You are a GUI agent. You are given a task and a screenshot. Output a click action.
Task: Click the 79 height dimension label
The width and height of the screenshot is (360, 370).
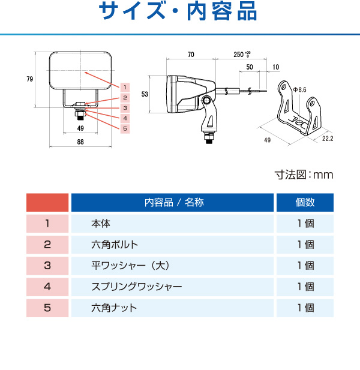(x=30, y=79)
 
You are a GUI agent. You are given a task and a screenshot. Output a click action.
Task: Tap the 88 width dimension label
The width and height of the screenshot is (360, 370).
(x=80, y=142)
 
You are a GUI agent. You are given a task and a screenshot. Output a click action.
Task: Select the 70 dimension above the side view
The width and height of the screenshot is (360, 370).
(x=191, y=55)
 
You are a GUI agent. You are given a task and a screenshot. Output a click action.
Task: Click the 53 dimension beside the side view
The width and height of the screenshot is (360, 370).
(x=145, y=94)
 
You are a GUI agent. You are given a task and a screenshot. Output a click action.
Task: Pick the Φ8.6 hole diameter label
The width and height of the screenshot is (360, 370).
(x=299, y=90)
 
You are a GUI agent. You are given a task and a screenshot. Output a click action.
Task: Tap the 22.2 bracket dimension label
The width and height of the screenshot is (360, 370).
(x=328, y=139)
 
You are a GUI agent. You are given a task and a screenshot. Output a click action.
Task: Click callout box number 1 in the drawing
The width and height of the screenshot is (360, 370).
(x=125, y=88)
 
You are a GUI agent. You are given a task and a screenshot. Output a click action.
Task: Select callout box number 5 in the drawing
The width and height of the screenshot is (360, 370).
(x=125, y=129)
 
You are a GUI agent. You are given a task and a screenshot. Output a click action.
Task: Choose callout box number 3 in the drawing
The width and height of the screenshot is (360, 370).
(x=125, y=108)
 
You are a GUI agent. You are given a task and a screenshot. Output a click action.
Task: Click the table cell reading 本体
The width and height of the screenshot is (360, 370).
(x=172, y=224)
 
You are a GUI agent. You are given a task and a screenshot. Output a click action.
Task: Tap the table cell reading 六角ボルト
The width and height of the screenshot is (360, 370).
(x=172, y=245)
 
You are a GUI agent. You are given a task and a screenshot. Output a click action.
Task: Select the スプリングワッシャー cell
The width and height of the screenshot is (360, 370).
(x=172, y=287)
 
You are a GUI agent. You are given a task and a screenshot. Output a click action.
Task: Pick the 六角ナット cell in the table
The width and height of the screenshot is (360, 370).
(x=172, y=308)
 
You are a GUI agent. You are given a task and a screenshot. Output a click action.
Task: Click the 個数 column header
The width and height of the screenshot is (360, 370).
(x=305, y=203)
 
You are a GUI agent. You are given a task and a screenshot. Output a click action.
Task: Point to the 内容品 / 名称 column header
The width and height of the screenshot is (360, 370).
(x=172, y=203)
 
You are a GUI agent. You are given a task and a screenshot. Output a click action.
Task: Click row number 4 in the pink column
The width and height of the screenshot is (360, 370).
(x=47, y=287)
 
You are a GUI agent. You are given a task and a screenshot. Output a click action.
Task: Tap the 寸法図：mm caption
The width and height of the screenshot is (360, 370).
(x=304, y=175)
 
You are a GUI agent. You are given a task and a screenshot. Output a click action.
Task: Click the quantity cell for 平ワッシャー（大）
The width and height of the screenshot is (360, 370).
(x=305, y=266)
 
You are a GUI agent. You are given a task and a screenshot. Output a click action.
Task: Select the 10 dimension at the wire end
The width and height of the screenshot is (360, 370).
(x=276, y=67)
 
